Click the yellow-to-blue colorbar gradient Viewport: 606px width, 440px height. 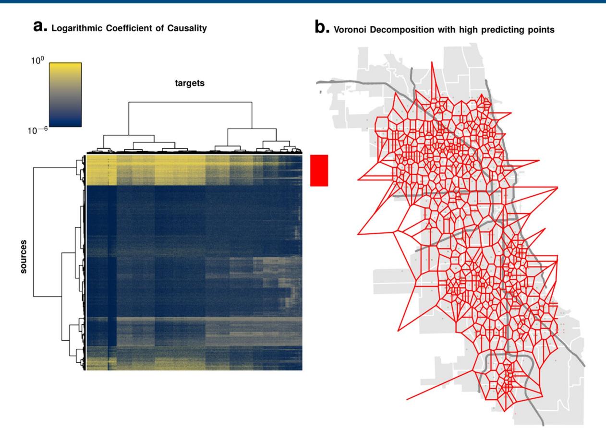point(65,95)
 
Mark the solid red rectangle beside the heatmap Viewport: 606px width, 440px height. point(319,170)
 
